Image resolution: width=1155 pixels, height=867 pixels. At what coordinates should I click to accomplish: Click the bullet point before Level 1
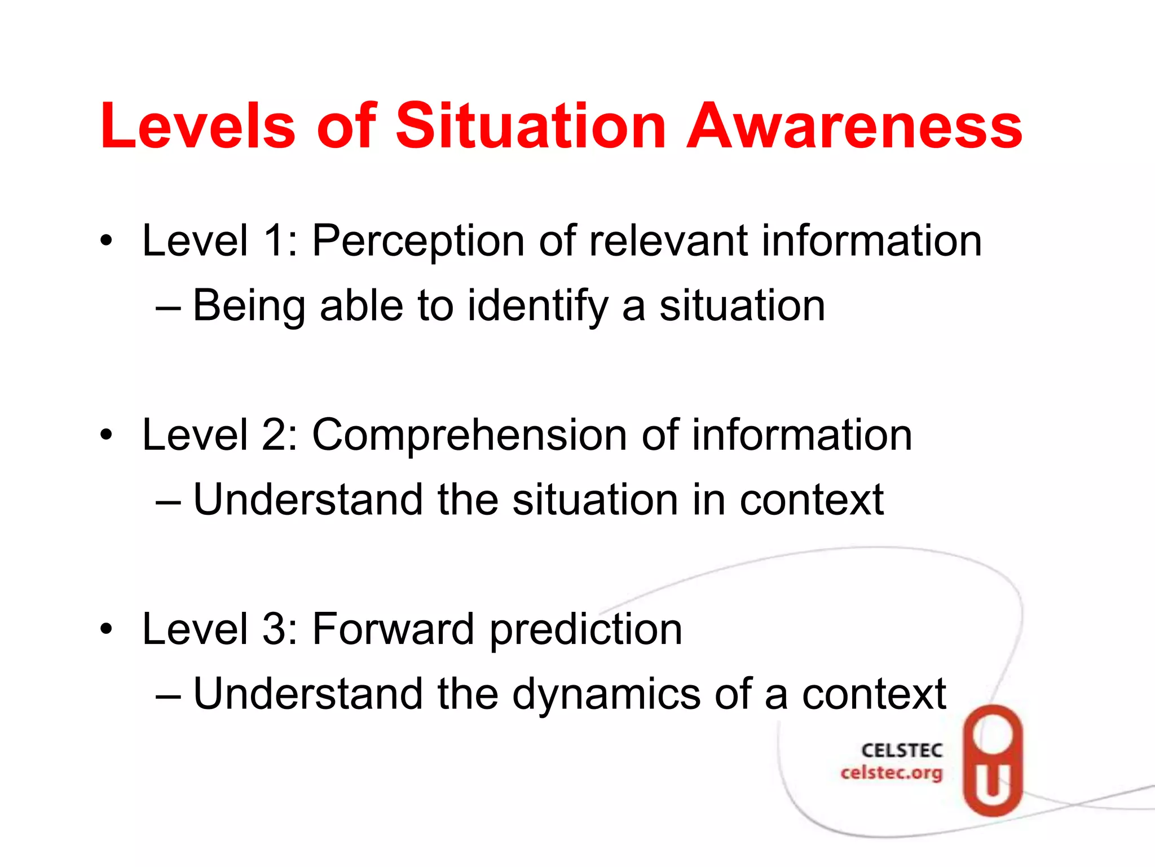coord(106,242)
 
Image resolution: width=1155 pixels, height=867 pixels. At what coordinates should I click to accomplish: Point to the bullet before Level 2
coord(106,436)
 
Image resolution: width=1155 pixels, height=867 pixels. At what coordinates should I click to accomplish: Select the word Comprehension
coord(469,436)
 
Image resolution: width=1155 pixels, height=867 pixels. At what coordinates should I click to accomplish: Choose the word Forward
coord(393,629)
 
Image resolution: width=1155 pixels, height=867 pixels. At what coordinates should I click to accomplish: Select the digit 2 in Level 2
coord(275,435)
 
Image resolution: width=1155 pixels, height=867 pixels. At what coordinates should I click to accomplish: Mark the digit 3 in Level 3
coord(275,629)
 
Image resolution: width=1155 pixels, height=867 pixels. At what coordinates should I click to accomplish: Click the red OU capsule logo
coord(993,760)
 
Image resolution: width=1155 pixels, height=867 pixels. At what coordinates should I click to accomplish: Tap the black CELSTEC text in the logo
coord(902,751)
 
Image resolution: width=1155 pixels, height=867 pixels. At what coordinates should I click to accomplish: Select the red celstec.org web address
coord(891,773)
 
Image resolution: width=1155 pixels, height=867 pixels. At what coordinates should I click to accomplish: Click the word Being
coord(249,306)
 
